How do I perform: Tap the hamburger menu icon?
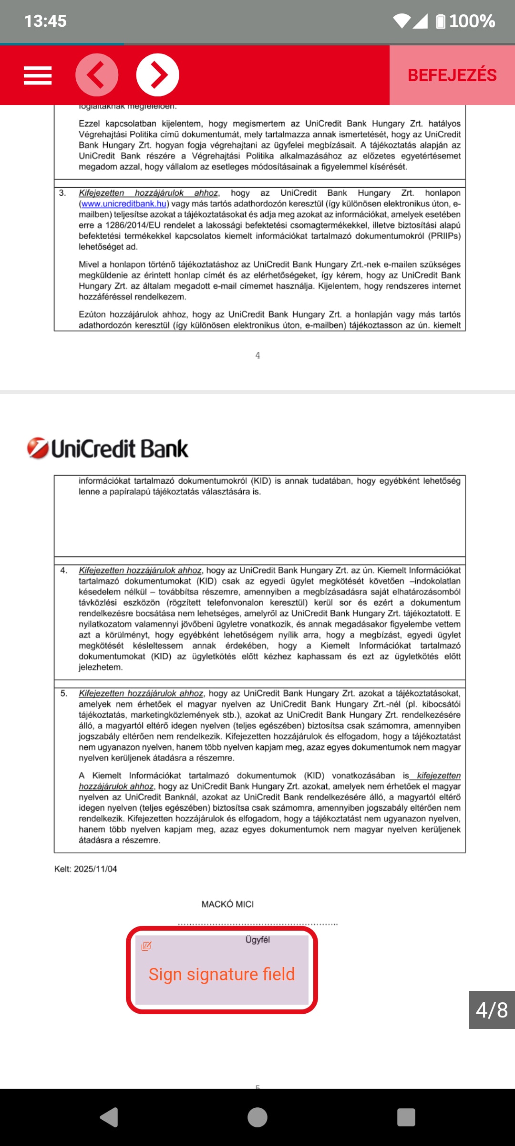[x=38, y=75]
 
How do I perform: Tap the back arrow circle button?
[x=97, y=75]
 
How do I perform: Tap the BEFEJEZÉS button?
[x=452, y=75]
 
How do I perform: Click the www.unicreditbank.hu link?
[x=124, y=204]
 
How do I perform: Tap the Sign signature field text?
[x=222, y=974]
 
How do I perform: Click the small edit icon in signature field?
[x=146, y=946]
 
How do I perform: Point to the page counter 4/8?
[x=492, y=1010]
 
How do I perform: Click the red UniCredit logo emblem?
[x=38, y=448]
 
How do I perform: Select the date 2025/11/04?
[x=95, y=869]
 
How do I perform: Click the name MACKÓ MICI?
[x=227, y=904]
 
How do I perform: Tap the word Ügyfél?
[x=257, y=940]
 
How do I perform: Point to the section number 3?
[x=62, y=193]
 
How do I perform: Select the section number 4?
[x=63, y=571]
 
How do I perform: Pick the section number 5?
[x=63, y=693]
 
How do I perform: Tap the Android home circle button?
[x=257, y=1117]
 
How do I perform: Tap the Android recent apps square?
[x=406, y=1117]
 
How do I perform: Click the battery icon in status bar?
[x=441, y=21]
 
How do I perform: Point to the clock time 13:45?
[x=45, y=21]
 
